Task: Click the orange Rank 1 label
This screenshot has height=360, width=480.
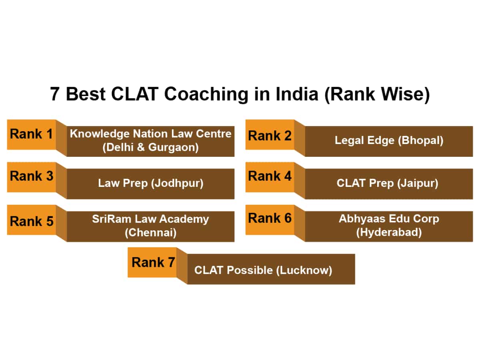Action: click(31, 134)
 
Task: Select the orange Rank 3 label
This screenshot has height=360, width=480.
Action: click(31, 176)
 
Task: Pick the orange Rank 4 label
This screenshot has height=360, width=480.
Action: click(270, 176)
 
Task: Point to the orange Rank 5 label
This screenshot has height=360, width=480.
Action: click(31, 221)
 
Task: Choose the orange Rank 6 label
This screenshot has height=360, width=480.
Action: click(270, 218)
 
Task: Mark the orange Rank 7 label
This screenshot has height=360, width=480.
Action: click(153, 262)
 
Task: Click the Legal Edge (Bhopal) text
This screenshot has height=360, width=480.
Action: click(389, 141)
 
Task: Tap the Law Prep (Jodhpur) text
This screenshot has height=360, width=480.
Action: click(150, 183)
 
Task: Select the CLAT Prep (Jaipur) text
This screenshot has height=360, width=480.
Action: click(387, 183)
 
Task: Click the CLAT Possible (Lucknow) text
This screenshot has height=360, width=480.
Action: click(263, 270)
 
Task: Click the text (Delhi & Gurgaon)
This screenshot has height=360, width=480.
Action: click(150, 147)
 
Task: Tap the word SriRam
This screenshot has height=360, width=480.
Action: click(108, 219)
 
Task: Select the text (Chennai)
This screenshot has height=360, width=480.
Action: click(150, 232)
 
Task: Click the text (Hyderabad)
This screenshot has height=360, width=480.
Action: click(389, 232)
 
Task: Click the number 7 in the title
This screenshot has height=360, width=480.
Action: click(55, 95)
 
